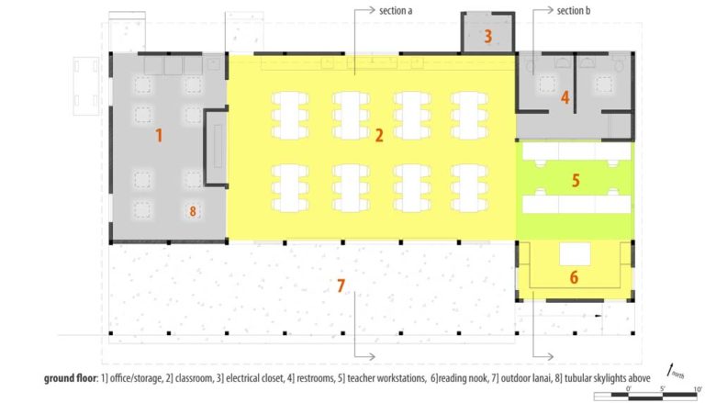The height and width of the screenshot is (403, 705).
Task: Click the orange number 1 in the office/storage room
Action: pos(159,136)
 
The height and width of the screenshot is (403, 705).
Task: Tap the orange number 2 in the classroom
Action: pos(378,136)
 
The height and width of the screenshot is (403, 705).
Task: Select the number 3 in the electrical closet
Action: pos(487,37)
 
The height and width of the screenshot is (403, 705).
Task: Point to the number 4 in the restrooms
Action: pos(565,96)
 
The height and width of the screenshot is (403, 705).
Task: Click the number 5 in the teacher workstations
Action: pos(576,180)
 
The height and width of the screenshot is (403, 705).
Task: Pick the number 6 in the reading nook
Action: pos(574,275)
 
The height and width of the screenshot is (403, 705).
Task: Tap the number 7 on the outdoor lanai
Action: pos(340,287)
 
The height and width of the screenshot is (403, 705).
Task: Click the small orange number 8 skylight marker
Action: pos(193,211)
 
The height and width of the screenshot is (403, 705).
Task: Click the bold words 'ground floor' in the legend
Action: pos(73,378)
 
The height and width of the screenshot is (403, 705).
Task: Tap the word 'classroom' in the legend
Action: pos(194,378)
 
